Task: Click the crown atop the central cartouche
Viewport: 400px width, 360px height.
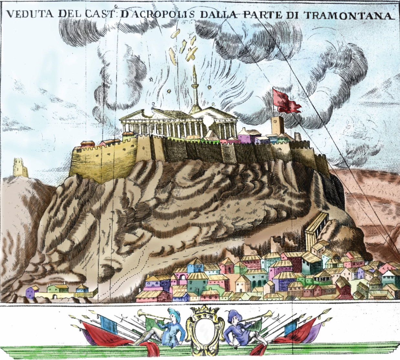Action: [x=202, y=313]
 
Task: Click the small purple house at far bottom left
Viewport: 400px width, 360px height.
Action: [x=30, y=292]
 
